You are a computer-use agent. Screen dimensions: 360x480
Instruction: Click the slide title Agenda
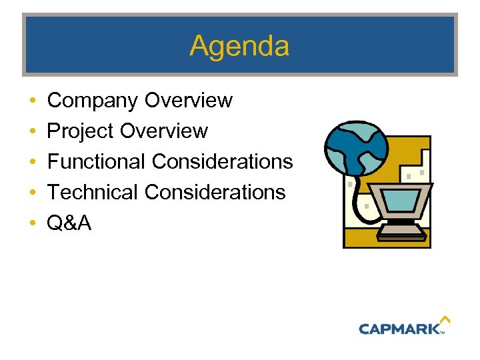[x=239, y=46]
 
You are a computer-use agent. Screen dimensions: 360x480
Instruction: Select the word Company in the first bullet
[x=93, y=101]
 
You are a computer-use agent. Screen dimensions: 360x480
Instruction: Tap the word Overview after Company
[x=189, y=101]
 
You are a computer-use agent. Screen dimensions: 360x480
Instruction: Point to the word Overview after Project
[x=164, y=131]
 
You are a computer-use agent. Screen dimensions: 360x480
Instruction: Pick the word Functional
[x=97, y=161]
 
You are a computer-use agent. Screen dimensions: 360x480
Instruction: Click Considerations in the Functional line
[x=222, y=161]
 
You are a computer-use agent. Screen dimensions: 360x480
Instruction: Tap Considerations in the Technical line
[x=215, y=192]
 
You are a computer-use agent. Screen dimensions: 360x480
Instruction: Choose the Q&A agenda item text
[x=69, y=223]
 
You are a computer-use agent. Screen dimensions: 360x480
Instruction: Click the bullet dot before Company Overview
[x=33, y=101]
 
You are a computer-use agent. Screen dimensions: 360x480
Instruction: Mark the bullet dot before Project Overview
[x=33, y=132]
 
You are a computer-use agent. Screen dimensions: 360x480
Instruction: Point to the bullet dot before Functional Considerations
[x=33, y=162]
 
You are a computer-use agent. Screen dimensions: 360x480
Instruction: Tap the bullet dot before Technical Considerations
[x=33, y=193]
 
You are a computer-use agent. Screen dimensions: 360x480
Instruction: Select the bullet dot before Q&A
[x=33, y=223]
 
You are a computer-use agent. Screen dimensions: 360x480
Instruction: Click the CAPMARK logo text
[x=399, y=328]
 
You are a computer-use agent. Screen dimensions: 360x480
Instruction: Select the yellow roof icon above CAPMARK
[x=445, y=321]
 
